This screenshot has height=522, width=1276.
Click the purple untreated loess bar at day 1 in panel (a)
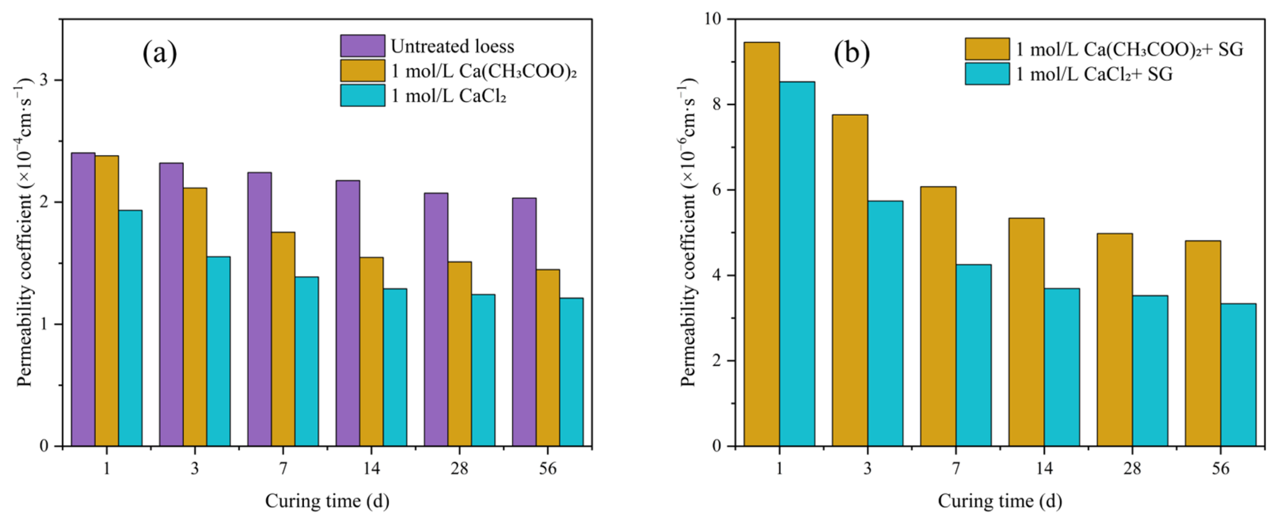tap(83, 299)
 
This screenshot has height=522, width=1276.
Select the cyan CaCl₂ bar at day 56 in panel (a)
tap(571, 372)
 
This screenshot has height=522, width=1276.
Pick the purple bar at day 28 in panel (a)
tap(436, 319)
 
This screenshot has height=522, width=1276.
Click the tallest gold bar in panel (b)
tap(761, 244)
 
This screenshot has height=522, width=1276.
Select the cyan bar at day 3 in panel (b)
tap(885, 323)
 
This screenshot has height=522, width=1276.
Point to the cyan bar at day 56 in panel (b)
tap(1238, 375)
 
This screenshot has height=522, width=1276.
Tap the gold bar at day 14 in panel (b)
tap(1026, 332)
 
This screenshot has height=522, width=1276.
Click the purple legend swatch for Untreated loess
tap(363, 45)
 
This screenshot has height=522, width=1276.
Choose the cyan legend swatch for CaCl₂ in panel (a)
tap(363, 95)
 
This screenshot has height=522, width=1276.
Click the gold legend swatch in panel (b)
tap(987, 48)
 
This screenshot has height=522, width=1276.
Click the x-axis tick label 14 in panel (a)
tap(371, 468)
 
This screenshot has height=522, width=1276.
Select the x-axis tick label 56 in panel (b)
tap(1220, 468)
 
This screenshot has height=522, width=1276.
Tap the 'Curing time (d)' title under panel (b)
tap(1000, 501)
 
